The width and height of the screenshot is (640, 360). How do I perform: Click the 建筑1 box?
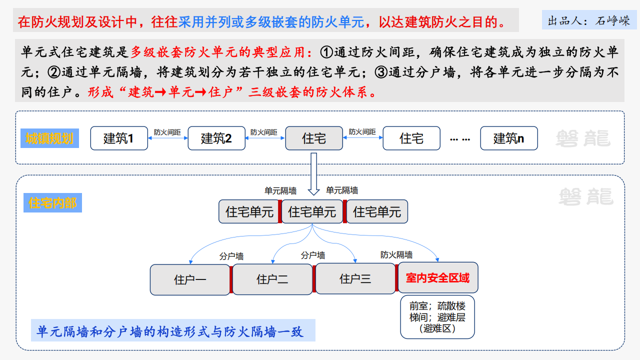pyautogui.click(x=119, y=138)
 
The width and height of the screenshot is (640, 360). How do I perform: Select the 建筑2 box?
pyautogui.click(x=216, y=138)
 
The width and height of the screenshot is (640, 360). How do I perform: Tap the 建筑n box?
pyautogui.click(x=509, y=138)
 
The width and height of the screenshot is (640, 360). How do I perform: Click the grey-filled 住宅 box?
pyautogui.click(x=314, y=138)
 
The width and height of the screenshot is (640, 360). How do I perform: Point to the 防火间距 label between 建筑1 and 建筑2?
pyautogui.click(x=167, y=132)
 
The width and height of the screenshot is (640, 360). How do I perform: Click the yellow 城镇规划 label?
pyautogui.click(x=49, y=138)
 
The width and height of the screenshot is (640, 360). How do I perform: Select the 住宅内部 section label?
pyautogui.click(x=52, y=203)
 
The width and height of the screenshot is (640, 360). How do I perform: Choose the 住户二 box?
pyautogui.click(x=272, y=279)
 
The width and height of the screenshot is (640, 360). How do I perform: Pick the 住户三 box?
pyautogui.click(x=355, y=279)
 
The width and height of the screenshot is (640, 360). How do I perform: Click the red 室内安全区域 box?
pyautogui.click(x=437, y=277)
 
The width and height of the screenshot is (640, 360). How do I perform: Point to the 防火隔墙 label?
pyautogui.click(x=396, y=254)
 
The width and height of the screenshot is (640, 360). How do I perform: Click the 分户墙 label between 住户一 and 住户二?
pyautogui.click(x=231, y=256)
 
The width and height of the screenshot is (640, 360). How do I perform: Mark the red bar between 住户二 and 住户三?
pyautogui.click(x=314, y=279)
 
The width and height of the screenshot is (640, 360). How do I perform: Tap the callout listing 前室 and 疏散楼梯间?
pyautogui.click(x=437, y=317)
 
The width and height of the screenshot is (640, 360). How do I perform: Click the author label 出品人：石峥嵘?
pyautogui.click(x=589, y=21)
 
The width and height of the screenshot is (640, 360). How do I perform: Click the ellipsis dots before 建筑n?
pyautogui.click(x=460, y=138)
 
